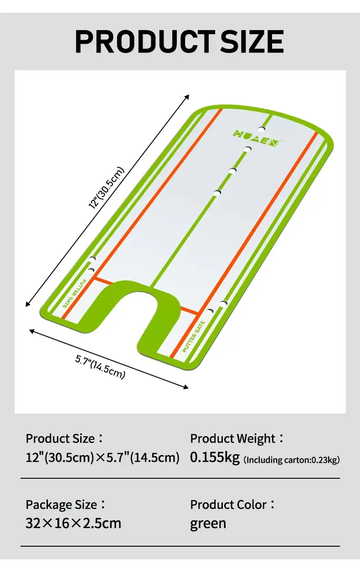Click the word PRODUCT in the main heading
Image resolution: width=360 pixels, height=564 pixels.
pyautogui.click(x=145, y=41)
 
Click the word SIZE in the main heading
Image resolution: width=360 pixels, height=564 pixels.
pyautogui.click(x=252, y=41)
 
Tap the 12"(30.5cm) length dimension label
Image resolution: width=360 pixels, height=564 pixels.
pyautogui.click(x=107, y=187)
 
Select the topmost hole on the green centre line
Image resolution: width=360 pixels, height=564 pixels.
pyautogui.click(x=262, y=129)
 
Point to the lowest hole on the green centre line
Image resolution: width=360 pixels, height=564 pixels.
pyautogui.click(x=217, y=193)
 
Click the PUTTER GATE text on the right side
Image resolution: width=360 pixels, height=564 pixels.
pyautogui.click(x=194, y=336)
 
